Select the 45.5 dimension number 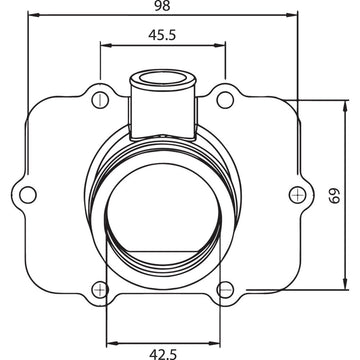162,34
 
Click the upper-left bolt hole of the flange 98,99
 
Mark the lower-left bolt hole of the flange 98,290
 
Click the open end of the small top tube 162,76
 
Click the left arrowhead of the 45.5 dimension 103,44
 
